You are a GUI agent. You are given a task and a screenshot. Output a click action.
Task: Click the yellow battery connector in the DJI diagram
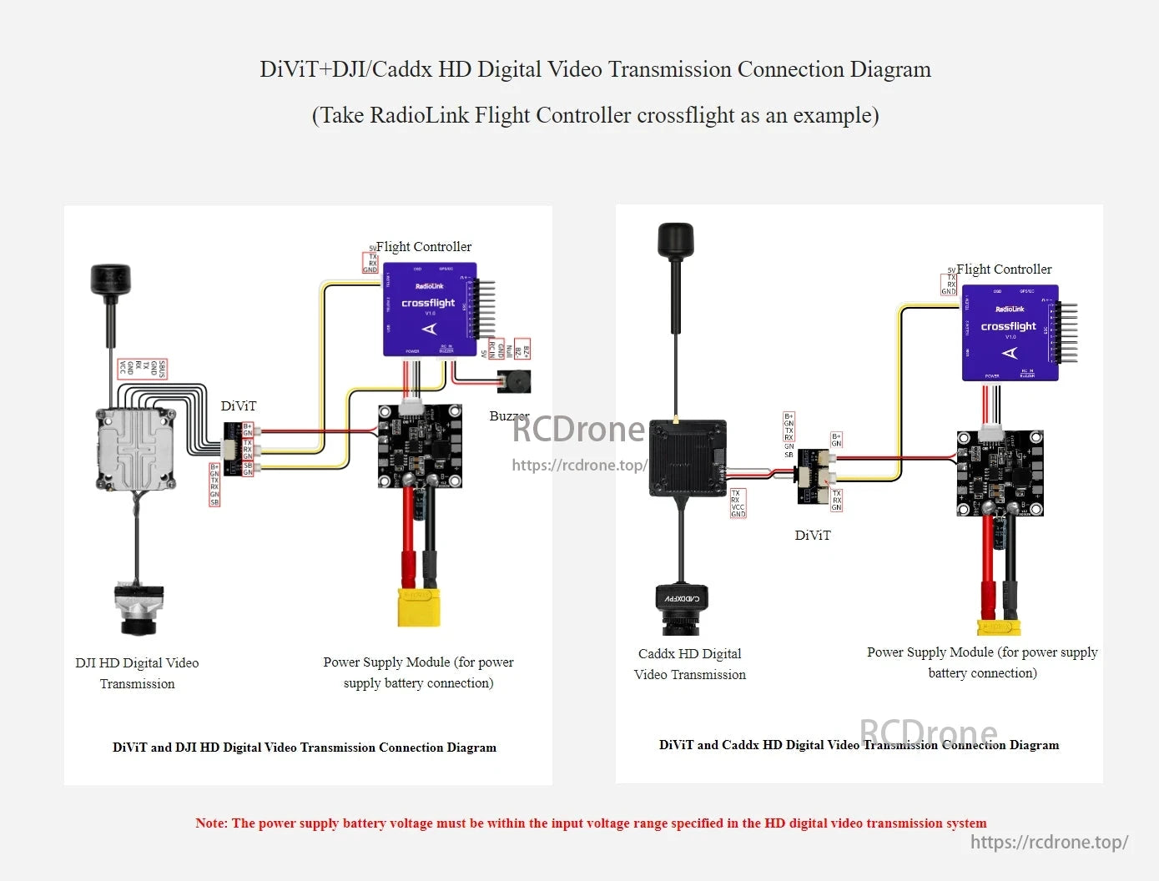click(419, 607)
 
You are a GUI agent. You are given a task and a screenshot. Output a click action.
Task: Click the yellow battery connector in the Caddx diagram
click(999, 626)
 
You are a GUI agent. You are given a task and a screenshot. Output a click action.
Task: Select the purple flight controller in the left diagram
click(430, 310)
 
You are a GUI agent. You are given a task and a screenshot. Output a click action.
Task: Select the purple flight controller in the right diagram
click(1010, 333)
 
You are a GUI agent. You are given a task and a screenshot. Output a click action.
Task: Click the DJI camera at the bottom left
click(139, 609)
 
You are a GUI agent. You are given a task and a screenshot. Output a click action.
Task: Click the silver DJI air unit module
click(136, 449)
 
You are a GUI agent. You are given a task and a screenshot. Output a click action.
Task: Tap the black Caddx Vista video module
click(688, 458)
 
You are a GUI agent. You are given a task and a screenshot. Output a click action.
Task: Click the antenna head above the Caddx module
click(675, 240)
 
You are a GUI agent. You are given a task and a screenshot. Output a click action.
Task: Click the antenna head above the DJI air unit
click(111, 279)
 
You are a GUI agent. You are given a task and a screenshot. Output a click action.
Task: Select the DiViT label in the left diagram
click(239, 406)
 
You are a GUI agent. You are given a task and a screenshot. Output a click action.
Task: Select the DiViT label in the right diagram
click(813, 536)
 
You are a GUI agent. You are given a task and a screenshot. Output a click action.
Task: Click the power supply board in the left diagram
click(420, 446)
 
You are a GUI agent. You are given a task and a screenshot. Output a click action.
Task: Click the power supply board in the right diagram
click(1000, 473)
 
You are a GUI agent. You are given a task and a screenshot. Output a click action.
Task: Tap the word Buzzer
click(509, 415)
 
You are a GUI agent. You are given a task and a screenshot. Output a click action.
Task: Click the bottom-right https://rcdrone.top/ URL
click(1049, 843)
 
